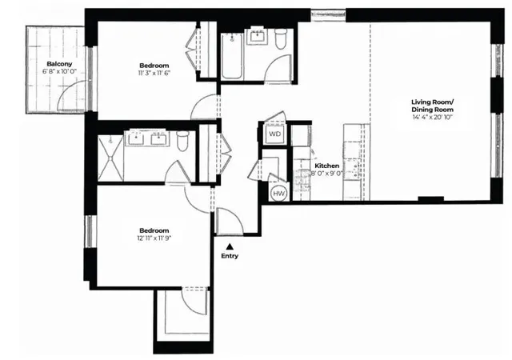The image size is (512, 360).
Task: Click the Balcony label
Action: pos(59,63)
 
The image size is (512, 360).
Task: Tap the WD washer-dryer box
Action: pos(274,134)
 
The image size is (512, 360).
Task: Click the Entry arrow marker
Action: pos(230,246)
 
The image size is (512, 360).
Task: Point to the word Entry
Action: pos(230,256)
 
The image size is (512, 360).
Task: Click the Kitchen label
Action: pos(326,166)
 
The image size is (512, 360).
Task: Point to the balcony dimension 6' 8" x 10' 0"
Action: pos(59,72)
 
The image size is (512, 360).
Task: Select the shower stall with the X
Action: pos(110,158)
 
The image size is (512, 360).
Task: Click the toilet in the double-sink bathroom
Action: pos(183,141)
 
